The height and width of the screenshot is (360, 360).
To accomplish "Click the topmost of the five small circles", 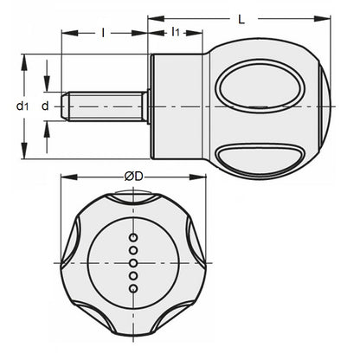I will [133, 235].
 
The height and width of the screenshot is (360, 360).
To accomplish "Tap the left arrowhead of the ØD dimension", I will [62, 185].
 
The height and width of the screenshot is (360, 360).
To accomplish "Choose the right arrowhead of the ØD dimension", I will [205, 185].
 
